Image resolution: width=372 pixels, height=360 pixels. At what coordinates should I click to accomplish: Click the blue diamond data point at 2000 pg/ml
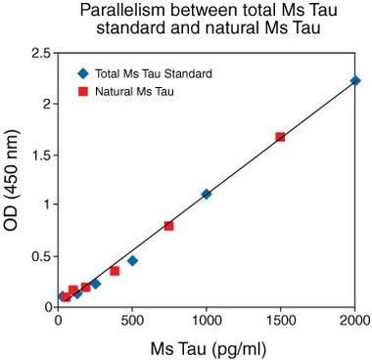(x=355, y=80)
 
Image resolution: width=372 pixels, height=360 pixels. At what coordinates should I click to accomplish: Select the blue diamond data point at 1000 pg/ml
(x=206, y=194)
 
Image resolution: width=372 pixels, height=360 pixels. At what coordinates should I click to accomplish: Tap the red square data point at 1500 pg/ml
(x=280, y=137)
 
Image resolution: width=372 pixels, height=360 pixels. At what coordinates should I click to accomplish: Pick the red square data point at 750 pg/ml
(x=168, y=226)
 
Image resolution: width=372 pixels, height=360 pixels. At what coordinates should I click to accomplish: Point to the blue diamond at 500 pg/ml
(x=132, y=260)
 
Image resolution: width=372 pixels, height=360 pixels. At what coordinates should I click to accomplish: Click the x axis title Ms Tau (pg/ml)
(x=208, y=347)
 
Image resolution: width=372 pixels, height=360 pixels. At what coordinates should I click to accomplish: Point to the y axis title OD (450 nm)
(x=14, y=179)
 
